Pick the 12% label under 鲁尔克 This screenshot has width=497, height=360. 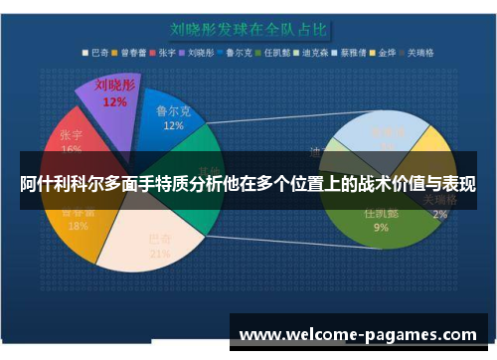[173, 127]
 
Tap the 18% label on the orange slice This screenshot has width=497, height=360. [78, 226]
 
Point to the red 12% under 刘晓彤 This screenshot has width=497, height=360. [114, 101]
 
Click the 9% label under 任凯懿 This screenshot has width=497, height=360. [381, 228]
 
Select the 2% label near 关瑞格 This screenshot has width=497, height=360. [439, 213]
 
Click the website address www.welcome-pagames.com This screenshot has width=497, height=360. [359, 334]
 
